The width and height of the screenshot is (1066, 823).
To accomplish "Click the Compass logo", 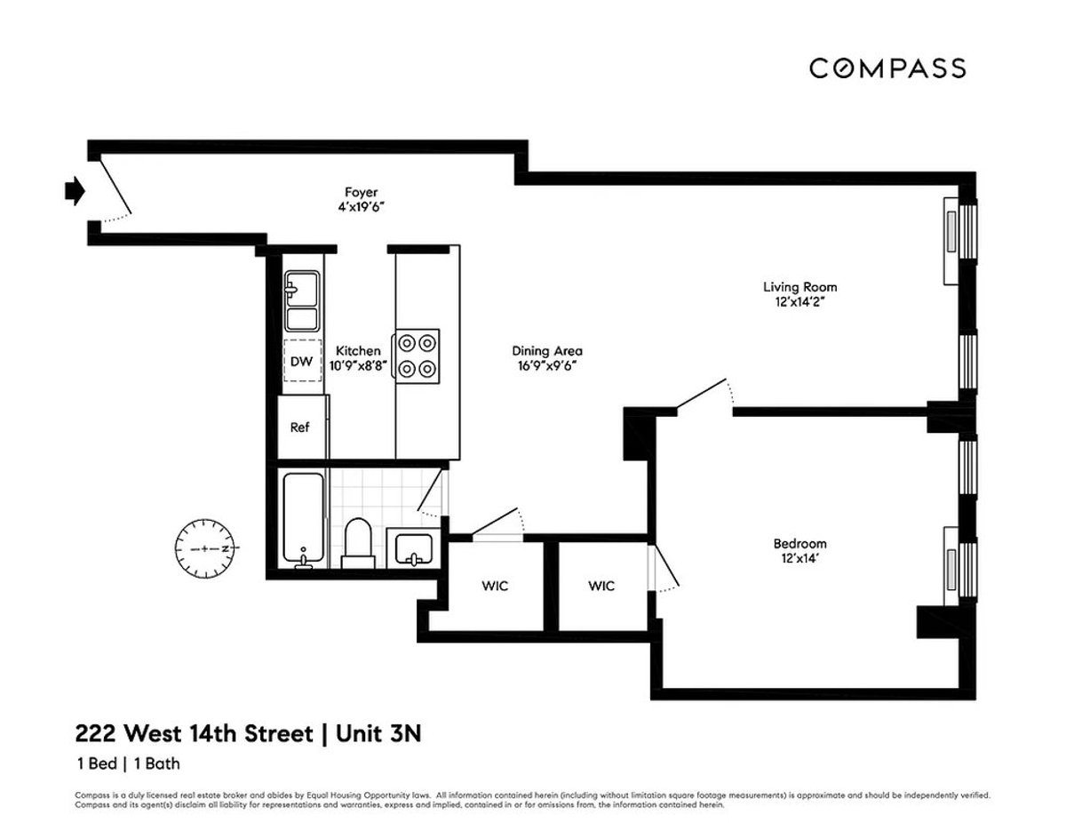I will coord(887,68).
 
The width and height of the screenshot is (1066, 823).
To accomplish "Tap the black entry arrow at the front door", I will coord(75,189).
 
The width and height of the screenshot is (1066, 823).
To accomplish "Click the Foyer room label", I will coord(362,192).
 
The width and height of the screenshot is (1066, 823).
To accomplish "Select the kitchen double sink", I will coord(301,302).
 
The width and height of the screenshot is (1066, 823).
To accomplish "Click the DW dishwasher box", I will coord(301,362).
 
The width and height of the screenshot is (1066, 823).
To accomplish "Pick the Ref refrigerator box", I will coord(300,427).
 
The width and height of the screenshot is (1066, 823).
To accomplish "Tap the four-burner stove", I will coord(417,355).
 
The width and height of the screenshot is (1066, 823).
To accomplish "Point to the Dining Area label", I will coord(546,351).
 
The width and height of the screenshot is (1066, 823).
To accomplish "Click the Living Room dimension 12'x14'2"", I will coord(799,301).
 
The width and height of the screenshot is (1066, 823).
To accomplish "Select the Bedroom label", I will coord(799,543).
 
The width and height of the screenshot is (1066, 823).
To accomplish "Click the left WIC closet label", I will coord(496,587).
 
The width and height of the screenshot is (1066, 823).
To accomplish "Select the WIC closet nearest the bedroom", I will coord(601,587).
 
